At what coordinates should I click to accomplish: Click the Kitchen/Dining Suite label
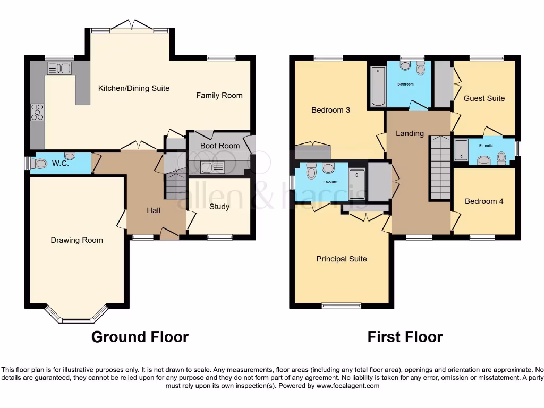point(134,88)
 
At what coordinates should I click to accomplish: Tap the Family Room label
point(219,96)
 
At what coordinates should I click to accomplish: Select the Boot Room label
point(219,146)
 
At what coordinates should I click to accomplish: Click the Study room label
point(219,206)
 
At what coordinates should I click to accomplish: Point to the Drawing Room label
point(76,240)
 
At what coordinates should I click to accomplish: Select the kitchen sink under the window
point(59,68)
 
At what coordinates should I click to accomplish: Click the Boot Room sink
point(214,168)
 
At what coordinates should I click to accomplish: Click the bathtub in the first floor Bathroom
point(377,86)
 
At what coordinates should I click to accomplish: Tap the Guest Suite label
point(484,98)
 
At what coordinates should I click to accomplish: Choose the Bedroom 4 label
point(484,201)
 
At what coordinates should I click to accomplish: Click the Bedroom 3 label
point(330,110)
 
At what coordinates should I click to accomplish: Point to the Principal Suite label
point(342,259)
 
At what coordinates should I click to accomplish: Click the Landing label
point(410,133)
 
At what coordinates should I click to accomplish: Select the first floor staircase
point(440,167)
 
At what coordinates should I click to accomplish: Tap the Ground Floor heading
point(140,337)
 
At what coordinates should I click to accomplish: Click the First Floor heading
point(405,337)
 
